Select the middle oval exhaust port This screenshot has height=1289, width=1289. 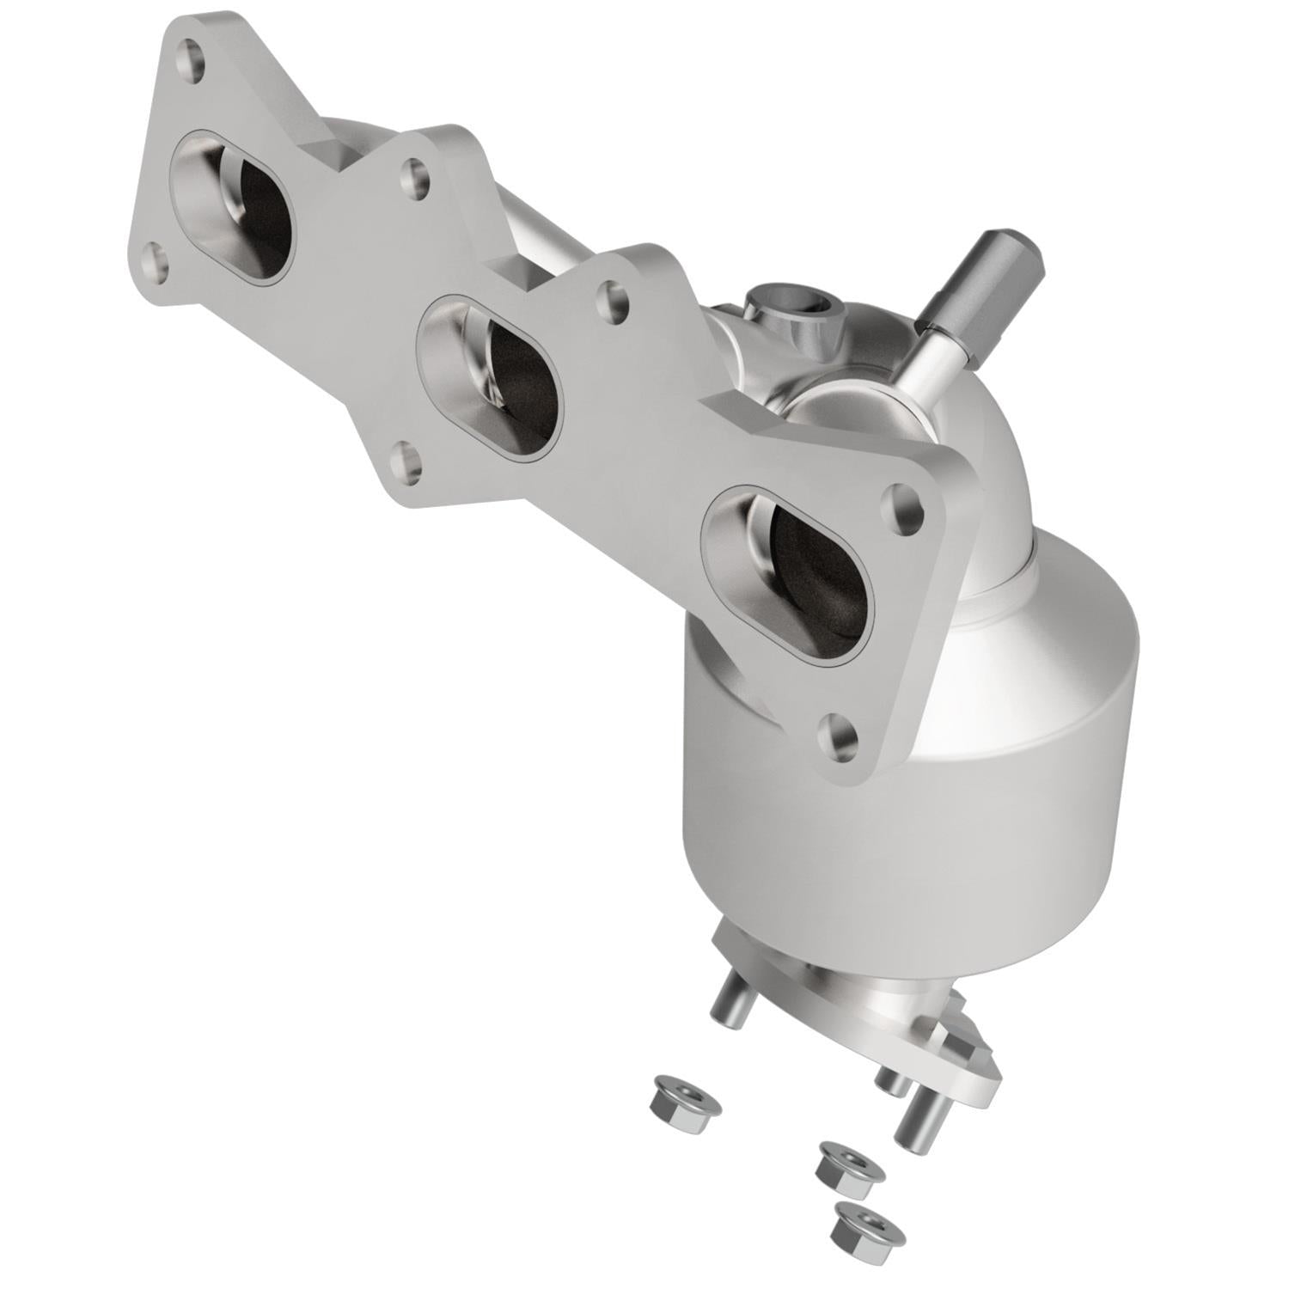487,374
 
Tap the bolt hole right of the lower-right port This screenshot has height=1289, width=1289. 905,504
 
